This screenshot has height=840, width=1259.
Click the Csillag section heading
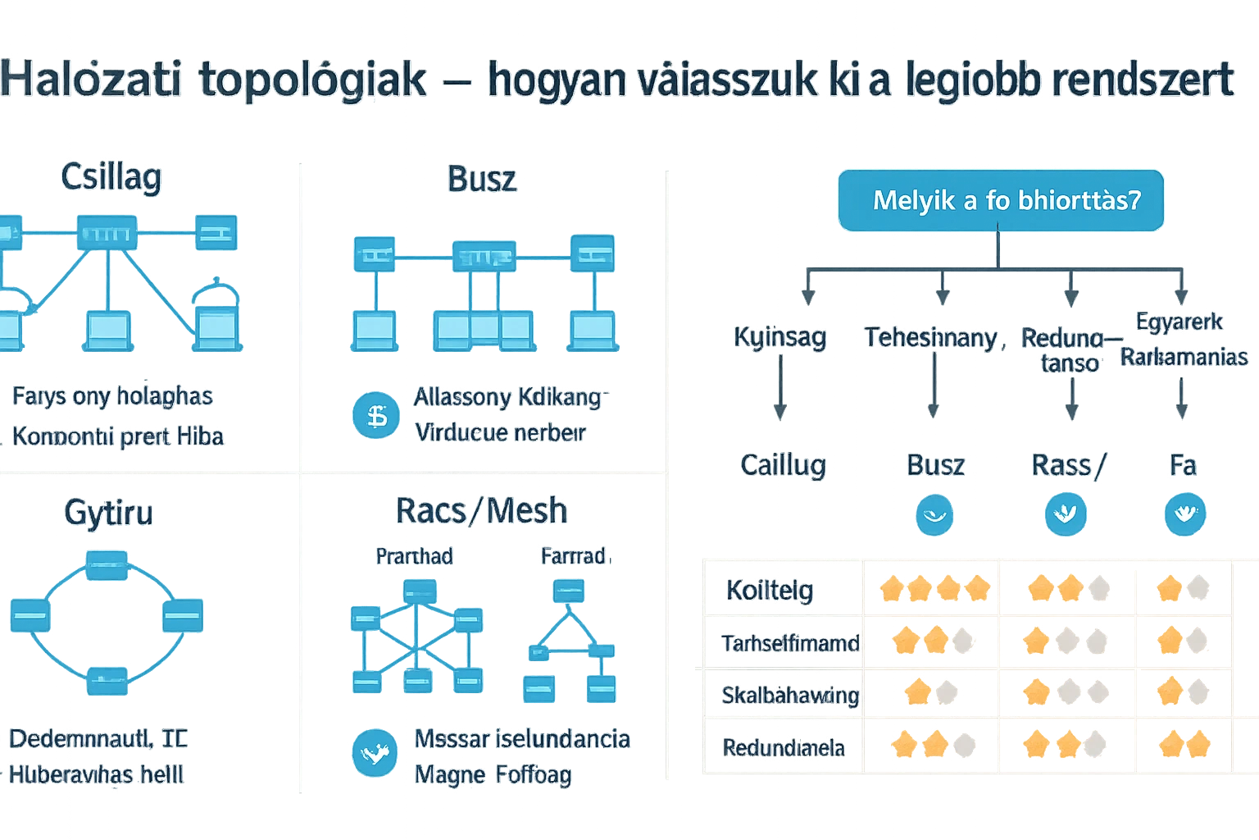[111, 177]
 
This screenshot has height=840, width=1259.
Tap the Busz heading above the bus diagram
[482, 179]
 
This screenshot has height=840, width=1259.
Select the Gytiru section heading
[109, 513]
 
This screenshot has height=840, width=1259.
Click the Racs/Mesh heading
[481, 510]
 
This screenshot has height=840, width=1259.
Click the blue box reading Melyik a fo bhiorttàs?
[1001, 200]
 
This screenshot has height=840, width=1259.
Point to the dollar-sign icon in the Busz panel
[377, 416]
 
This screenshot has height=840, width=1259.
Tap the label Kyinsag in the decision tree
[779, 337]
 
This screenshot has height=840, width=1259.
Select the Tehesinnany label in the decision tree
[931, 337]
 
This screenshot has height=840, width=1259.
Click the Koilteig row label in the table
[770, 590]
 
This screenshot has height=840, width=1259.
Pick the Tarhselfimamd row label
[790, 642]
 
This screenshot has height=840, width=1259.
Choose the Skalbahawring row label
[790, 696]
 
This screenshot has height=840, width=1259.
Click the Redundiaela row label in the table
[784, 747]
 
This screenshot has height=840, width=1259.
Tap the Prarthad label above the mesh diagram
[414, 556]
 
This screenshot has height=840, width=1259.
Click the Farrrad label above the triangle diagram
[573, 556]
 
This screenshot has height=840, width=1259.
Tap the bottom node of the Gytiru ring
[107, 678]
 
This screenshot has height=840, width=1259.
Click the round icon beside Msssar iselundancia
[375, 752]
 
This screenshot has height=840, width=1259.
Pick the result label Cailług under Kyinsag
[783, 465]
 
